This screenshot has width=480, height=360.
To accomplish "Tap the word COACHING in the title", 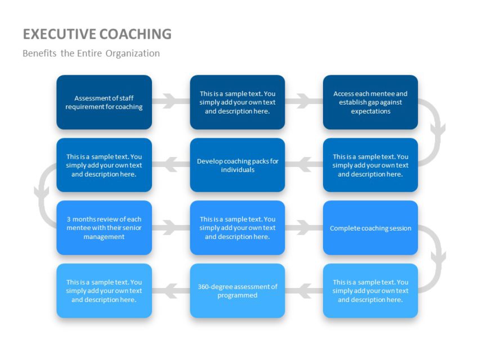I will coord(136,34).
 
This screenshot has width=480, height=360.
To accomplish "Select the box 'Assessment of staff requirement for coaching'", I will coord(104,102).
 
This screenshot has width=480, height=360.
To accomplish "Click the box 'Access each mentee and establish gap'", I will coord(370,102).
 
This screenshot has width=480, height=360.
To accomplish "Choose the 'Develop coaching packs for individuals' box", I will coord(237,165).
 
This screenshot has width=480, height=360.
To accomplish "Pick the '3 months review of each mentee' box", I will coord(104,228).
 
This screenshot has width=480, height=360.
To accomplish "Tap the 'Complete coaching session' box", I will coord(370,228).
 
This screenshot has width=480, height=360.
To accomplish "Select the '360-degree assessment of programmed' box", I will coord(237,291).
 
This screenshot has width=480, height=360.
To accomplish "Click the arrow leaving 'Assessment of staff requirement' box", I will coord(171,102).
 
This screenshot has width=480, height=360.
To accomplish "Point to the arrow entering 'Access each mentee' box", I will coord(304,102).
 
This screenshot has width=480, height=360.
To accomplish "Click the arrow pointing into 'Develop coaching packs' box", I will coord(304,165).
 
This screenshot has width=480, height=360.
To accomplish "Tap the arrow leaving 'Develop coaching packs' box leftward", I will coord(171,165).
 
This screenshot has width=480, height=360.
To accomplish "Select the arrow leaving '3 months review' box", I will coord(171,228).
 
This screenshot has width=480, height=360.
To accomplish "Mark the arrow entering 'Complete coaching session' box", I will coord(304,228).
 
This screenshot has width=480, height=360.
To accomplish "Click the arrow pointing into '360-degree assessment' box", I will coord(304,291).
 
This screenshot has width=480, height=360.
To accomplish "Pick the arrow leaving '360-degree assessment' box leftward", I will coord(171,291).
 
